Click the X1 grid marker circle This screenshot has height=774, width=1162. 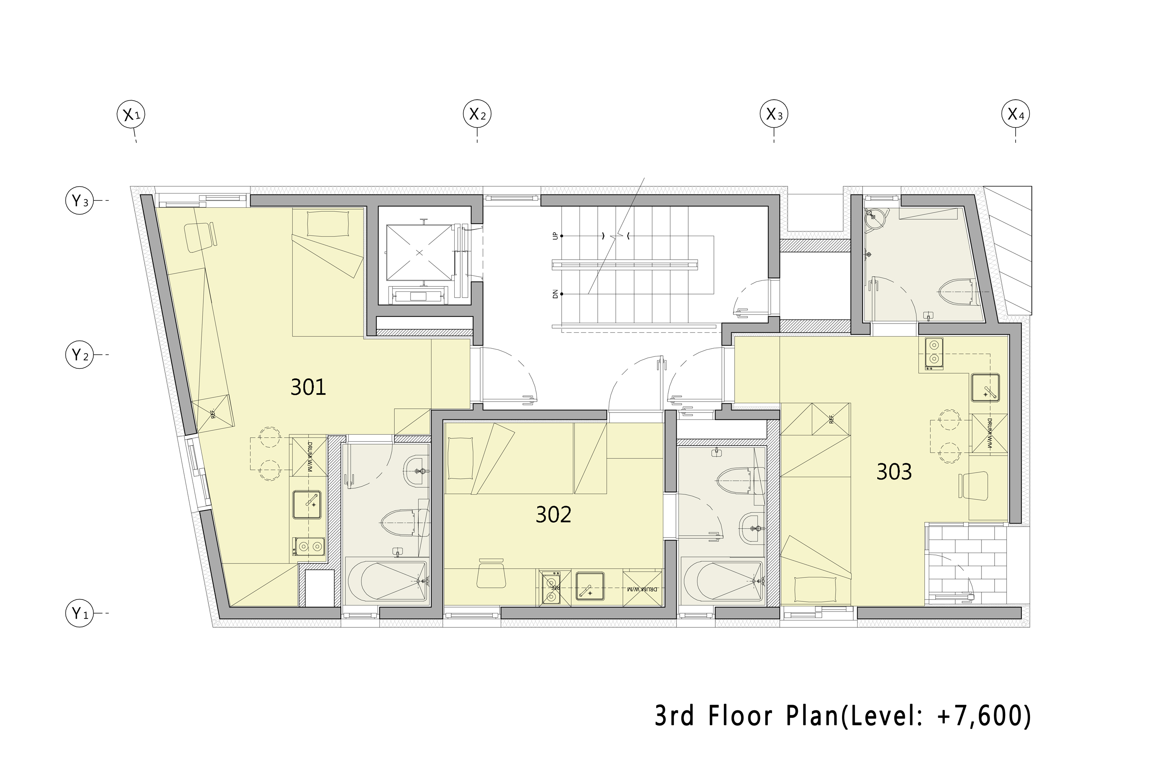(131, 115)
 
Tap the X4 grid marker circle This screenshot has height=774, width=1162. (1015, 115)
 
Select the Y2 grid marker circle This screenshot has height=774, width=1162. (79, 355)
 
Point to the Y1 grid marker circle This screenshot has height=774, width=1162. (79, 613)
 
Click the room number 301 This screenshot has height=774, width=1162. (308, 387)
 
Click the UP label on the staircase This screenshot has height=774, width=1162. (555, 236)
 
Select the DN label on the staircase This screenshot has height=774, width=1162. (555, 294)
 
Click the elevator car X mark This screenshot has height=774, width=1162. (419, 253)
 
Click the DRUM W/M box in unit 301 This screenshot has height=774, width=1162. (308, 455)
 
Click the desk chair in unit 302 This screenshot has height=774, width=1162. (491, 574)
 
